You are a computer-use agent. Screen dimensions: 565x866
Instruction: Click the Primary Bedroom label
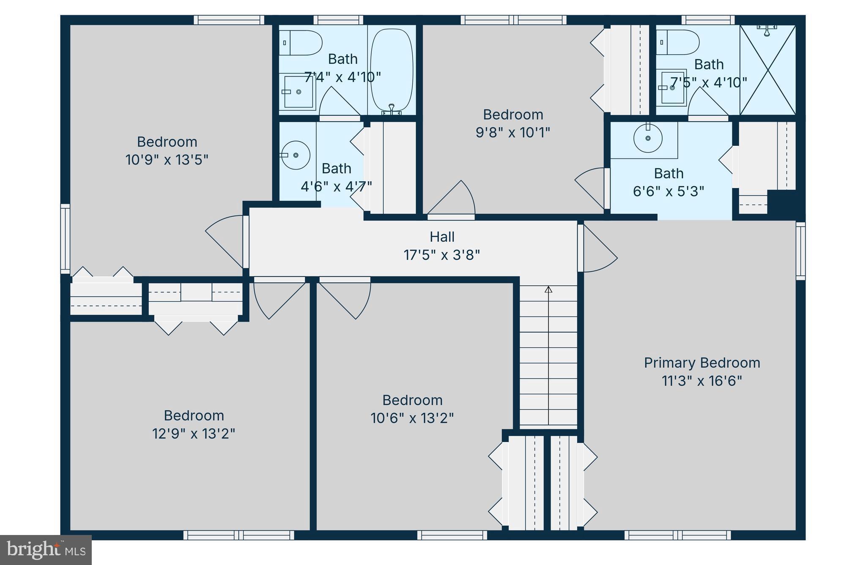click(702, 363)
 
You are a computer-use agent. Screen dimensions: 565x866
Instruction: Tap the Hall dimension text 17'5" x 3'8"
click(441, 255)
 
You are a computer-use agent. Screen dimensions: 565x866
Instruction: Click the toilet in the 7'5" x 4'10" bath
click(678, 42)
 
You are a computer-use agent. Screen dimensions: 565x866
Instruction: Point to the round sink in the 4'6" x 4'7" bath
click(296, 155)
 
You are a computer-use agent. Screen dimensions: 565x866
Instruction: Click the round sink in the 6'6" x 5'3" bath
click(648, 138)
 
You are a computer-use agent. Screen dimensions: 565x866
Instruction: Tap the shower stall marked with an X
click(767, 70)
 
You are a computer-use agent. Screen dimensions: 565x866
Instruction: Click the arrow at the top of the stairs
click(548, 289)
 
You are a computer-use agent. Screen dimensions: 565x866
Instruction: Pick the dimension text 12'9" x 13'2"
click(194, 434)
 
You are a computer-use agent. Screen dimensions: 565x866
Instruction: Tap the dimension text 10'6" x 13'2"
click(412, 418)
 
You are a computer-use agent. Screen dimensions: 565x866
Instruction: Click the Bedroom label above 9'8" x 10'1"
click(512, 115)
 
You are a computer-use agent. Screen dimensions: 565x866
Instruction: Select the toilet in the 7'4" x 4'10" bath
click(301, 43)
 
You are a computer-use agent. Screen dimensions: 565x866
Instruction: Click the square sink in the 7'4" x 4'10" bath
click(298, 92)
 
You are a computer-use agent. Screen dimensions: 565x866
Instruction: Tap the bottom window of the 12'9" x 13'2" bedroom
click(239, 535)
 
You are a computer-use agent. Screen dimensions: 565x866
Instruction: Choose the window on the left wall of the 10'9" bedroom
click(65, 239)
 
